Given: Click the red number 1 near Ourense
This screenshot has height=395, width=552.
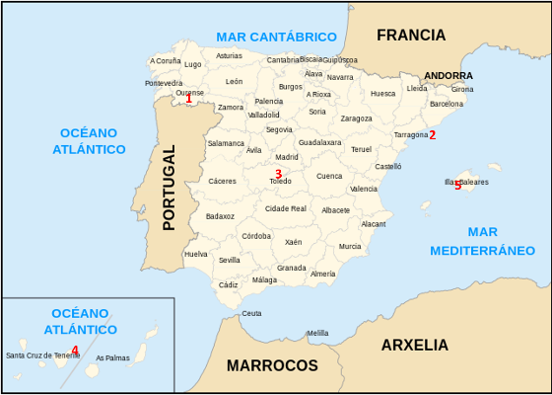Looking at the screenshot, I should pos(189,99).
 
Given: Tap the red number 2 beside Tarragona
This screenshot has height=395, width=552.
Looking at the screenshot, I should pos(432,135).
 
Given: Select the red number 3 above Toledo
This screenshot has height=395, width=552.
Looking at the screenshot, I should pos(278,174).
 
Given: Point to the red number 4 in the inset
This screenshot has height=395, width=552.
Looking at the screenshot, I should pos(75,350).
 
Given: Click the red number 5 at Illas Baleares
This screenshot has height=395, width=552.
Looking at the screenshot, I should pos(457,185).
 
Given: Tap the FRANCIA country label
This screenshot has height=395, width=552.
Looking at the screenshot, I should pos(411,36).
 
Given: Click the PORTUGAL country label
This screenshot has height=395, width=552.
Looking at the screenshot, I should pos(169,188).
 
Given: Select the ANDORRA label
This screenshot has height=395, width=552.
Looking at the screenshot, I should pos(448,75).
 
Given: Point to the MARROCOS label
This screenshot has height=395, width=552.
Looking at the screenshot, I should pos(272,365).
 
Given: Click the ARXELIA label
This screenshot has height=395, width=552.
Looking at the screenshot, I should pos(414,346).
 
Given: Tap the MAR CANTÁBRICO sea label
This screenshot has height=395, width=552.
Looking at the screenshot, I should pos(276,37).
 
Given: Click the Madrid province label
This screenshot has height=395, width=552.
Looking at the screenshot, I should pos(287,157).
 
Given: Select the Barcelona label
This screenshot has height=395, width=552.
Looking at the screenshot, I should pos(447,103).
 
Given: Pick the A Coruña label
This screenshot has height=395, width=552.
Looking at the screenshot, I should pos(166,61).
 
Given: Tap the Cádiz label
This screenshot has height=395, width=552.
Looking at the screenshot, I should pos(229,284).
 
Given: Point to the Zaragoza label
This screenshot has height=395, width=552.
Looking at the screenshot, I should pos(356,118).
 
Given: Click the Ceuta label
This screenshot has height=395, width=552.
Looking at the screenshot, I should pos(252,313).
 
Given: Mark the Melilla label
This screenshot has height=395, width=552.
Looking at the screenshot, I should pos(317,333).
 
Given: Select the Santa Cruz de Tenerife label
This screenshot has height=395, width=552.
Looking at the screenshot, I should pos(42,355).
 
